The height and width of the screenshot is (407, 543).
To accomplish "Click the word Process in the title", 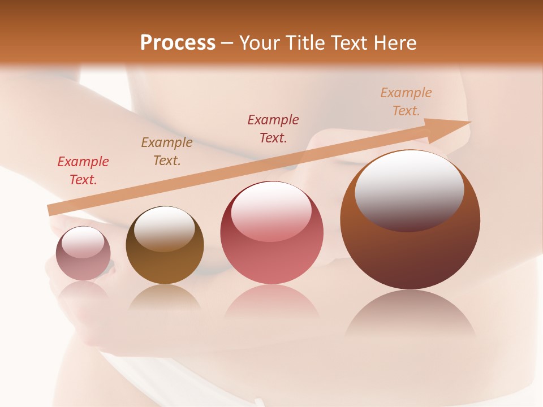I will pos(178,43).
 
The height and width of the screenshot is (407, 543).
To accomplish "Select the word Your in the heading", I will pos(260,43).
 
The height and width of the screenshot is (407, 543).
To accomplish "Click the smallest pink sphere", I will pos(83,254).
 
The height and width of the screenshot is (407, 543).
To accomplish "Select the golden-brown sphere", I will pos(165,245).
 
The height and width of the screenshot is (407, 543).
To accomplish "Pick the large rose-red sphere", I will pos(272,233).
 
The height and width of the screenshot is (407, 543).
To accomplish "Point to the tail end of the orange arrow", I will pos(52,210).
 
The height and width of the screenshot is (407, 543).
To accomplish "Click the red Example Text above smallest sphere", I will pos(83,171).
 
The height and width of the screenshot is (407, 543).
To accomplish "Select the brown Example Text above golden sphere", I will pos(167,151).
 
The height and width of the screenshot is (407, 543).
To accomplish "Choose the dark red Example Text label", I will pos(273,128).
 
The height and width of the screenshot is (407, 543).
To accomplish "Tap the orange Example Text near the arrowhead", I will pos(406,102).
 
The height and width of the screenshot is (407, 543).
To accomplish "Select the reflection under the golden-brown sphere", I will pos(165,297).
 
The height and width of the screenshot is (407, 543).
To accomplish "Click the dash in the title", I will pos(227,44).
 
